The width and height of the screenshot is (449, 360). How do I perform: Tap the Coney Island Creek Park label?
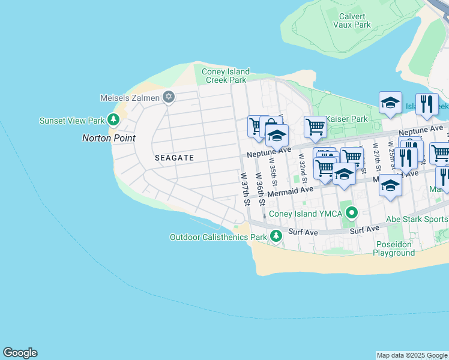pos(226,76)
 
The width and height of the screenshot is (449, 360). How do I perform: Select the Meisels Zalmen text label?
pos(130,98)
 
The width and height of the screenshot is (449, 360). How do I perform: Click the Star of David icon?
pos(169,97)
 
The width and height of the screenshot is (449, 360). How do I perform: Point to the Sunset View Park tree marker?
pos(113,120)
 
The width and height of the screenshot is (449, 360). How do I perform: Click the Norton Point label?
pos(108,138)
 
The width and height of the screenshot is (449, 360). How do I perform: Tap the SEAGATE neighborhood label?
pos(174,158)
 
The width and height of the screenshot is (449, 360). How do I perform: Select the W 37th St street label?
pos(245,190)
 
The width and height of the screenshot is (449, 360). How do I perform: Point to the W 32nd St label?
pos(303,168)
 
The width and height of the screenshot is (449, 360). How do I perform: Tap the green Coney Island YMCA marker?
pos(352,214)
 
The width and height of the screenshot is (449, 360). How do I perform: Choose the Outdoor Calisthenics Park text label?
pos(218,237)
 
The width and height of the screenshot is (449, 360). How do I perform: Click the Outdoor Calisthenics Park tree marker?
pos(276,236)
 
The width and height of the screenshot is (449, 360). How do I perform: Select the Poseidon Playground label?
pos(395,248)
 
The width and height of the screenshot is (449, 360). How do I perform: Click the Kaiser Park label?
pos(349,119)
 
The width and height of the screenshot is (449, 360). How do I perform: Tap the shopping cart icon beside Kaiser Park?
pos(315,127)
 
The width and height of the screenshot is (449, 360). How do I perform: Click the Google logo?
pos(20,353)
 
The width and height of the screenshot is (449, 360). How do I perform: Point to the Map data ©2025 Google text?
pos(412,355)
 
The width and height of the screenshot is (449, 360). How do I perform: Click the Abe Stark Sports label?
pos(417,219)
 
